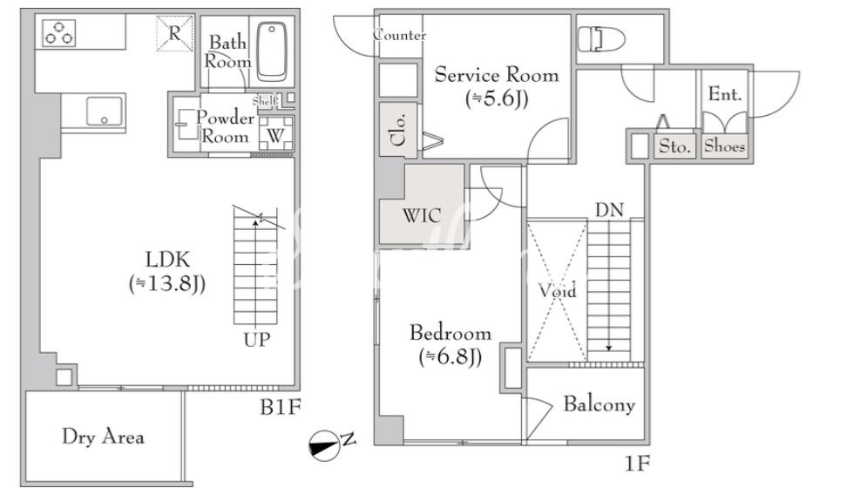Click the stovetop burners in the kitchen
58,32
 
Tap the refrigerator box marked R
174,33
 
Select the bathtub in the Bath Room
272,51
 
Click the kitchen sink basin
105,111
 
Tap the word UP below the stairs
256,340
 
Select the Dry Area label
103,437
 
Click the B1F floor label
280,407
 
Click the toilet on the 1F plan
600,39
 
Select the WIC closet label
421,216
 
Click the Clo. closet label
399,130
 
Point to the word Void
557,291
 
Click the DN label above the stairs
609,210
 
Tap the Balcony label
599,404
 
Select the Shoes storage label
724,146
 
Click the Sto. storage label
674,146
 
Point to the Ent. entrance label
725,94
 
